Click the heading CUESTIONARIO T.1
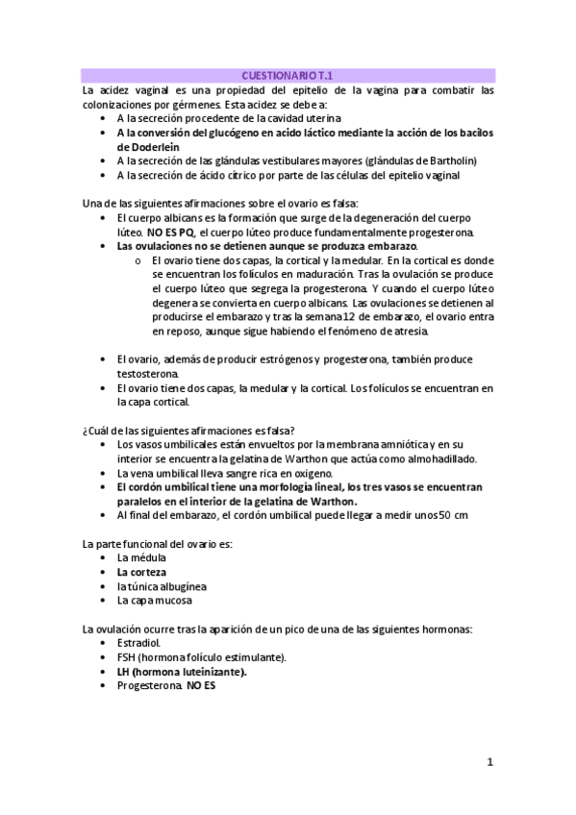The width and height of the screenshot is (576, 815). click(288, 74)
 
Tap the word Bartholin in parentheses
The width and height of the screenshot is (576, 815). click(448, 161)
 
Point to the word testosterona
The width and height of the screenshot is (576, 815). click(145, 373)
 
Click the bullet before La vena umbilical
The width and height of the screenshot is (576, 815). click(103, 473)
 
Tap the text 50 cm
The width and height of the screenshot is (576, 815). click(453, 515)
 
